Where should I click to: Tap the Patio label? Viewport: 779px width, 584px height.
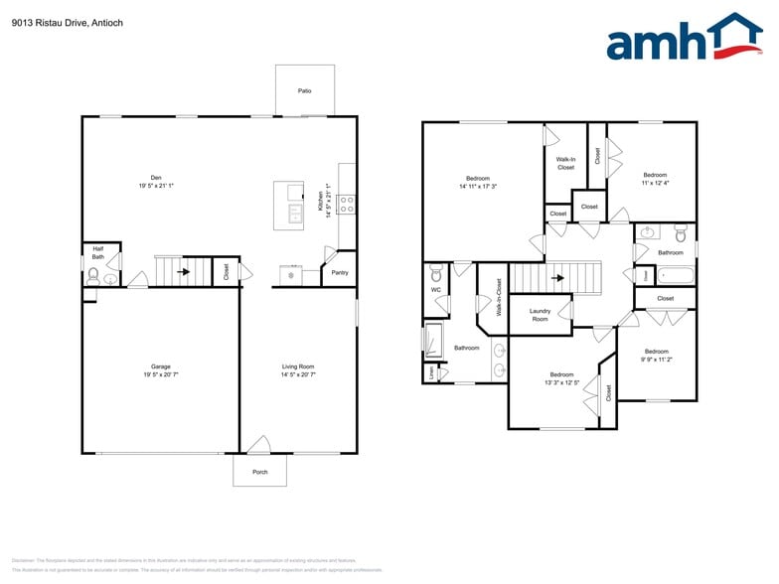(304, 90)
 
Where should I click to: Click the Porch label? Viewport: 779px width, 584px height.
(259, 472)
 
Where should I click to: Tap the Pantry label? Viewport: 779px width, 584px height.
(340, 272)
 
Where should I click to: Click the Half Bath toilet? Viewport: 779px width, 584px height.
(93, 279)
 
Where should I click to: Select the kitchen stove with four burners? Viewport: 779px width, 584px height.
(347, 205)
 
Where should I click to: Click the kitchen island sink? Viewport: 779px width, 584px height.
(295, 212)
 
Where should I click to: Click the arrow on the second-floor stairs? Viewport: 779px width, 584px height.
(558, 278)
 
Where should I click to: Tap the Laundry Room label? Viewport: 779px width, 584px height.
(540, 315)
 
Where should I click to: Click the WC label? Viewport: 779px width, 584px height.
(435, 290)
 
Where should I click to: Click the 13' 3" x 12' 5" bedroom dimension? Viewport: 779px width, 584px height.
(561, 382)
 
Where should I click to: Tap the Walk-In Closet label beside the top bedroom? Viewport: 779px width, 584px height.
(565, 163)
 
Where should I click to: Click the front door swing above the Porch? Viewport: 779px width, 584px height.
(259, 445)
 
